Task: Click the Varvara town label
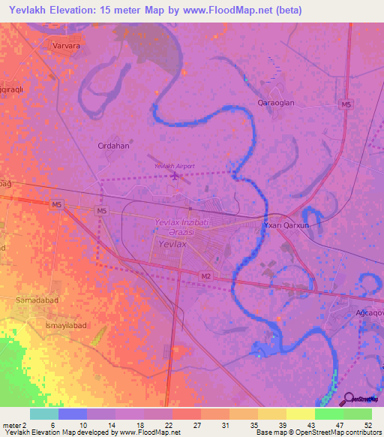pos(66,46)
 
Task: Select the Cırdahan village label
pos(113,146)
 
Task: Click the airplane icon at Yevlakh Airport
pos(175,176)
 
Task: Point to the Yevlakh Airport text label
pos(174,165)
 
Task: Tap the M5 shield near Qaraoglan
pos(344,104)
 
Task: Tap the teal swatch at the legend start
pos(43,414)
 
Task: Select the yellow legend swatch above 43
pos(300,414)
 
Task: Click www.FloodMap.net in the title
pos(218,10)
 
